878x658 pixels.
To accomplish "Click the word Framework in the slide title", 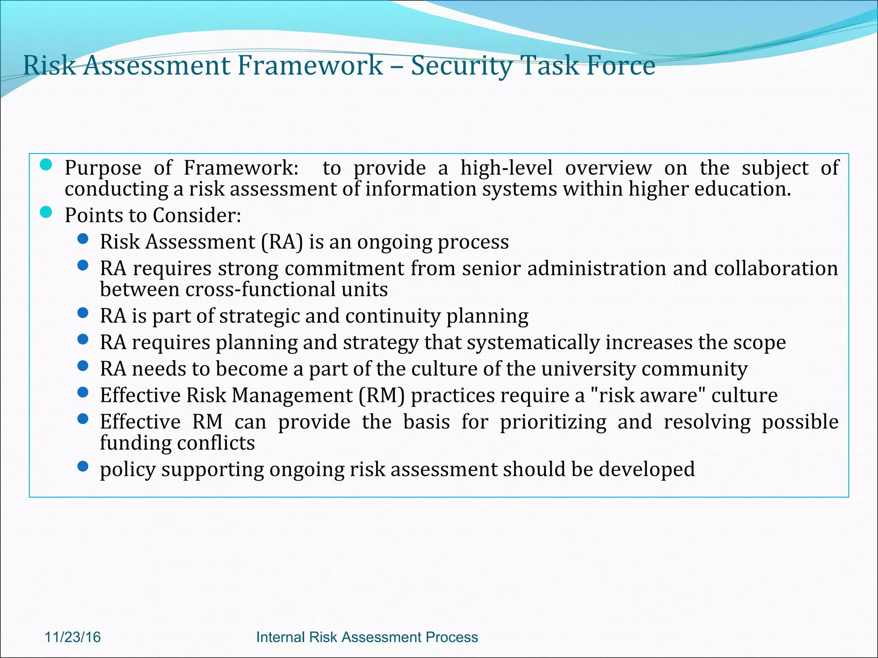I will click(310, 65).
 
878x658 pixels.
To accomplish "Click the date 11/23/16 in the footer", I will click(72, 637).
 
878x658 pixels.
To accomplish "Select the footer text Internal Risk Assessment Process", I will click(367, 637).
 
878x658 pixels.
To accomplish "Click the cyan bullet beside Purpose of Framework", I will click(46, 164).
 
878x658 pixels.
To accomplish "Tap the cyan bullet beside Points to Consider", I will click(46, 212).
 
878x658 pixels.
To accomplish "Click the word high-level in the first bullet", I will click(506, 167).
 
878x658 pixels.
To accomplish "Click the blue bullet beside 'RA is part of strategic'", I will click(83, 313).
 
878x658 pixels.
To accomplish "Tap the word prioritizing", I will click(553, 422).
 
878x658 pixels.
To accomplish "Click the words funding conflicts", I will click(177, 443).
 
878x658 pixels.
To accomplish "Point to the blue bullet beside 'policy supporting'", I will click(83, 466).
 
